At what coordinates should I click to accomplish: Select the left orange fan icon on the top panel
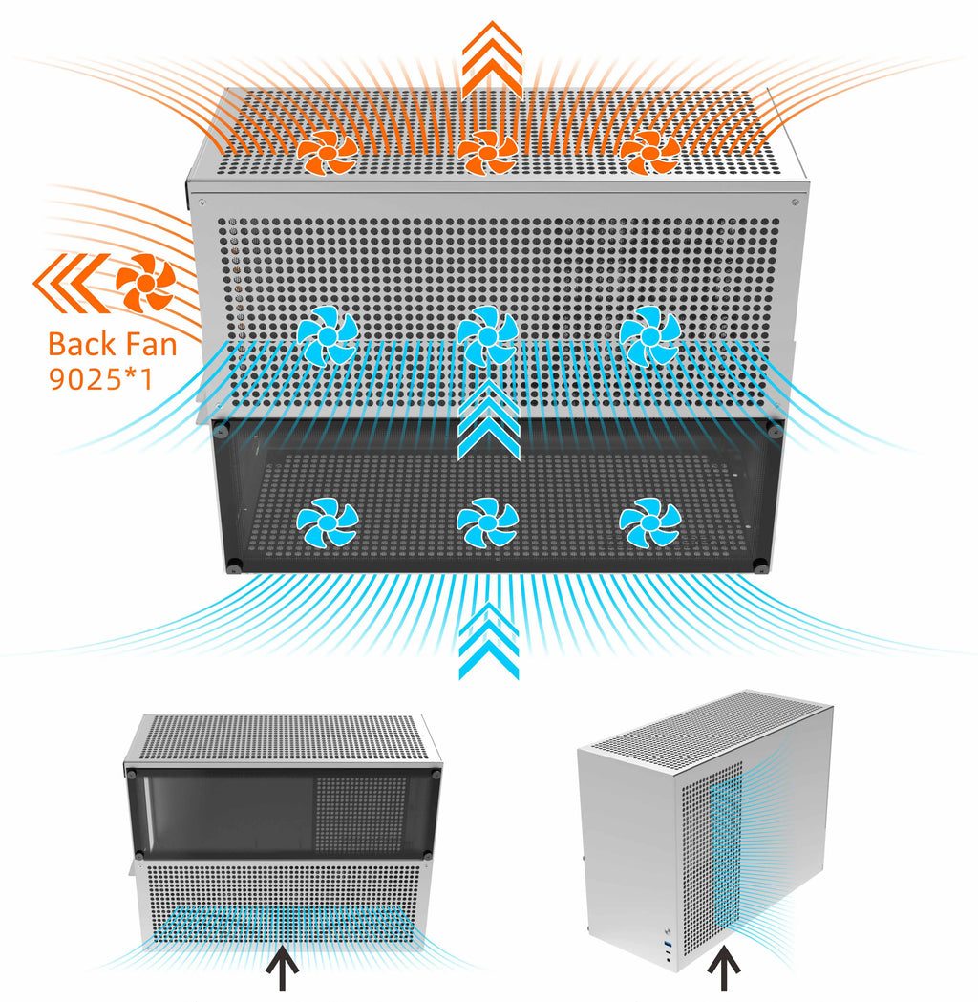click(x=328, y=152)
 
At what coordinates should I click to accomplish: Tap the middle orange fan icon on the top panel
click(x=487, y=152)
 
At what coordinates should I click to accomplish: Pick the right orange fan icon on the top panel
click(x=649, y=152)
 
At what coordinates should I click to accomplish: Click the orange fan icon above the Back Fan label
click(x=145, y=283)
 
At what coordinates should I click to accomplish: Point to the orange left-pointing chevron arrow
click(x=72, y=283)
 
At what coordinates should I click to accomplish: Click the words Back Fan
click(x=113, y=345)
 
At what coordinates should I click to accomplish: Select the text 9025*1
click(x=101, y=379)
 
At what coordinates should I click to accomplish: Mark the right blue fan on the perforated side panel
click(x=650, y=335)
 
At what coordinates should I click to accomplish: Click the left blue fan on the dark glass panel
click(x=328, y=522)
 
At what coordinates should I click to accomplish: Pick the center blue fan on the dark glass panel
click(x=487, y=522)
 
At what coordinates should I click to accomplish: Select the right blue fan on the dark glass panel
click(x=650, y=522)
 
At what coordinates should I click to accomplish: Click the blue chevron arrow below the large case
click(x=489, y=640)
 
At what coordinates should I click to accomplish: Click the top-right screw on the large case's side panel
click(x=796, y=203)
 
